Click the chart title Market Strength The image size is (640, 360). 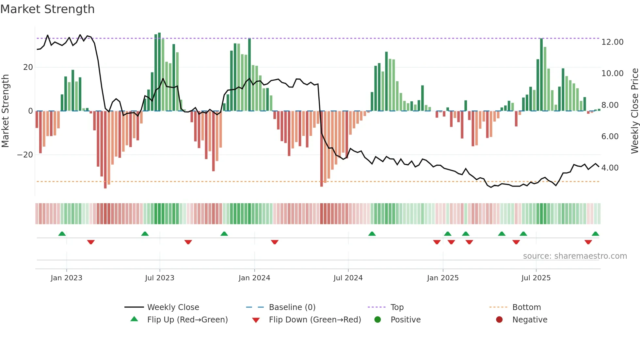(x=47, y=9)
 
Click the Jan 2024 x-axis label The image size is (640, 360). (x=254, y=278)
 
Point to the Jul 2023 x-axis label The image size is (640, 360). (x=160, y=278)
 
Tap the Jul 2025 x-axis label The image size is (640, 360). (x=536, y=278)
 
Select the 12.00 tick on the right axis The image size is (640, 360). (x=612, y=42)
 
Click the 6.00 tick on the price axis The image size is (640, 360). (x=610, y=137)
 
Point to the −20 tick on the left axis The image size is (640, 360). (x=25, y=155)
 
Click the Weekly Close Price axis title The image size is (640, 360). (x=634, y=111)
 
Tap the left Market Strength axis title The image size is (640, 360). (x=5, y=111)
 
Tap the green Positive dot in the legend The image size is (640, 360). (x=378, y=320)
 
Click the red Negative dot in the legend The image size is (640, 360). (x=499, y=320)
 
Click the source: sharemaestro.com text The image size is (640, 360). (x=575, y=256)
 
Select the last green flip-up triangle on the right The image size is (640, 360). (x=595, y=234)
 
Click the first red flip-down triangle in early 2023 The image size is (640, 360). (x=91, y=242)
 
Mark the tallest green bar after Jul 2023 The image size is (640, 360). (x=159, y=72)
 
